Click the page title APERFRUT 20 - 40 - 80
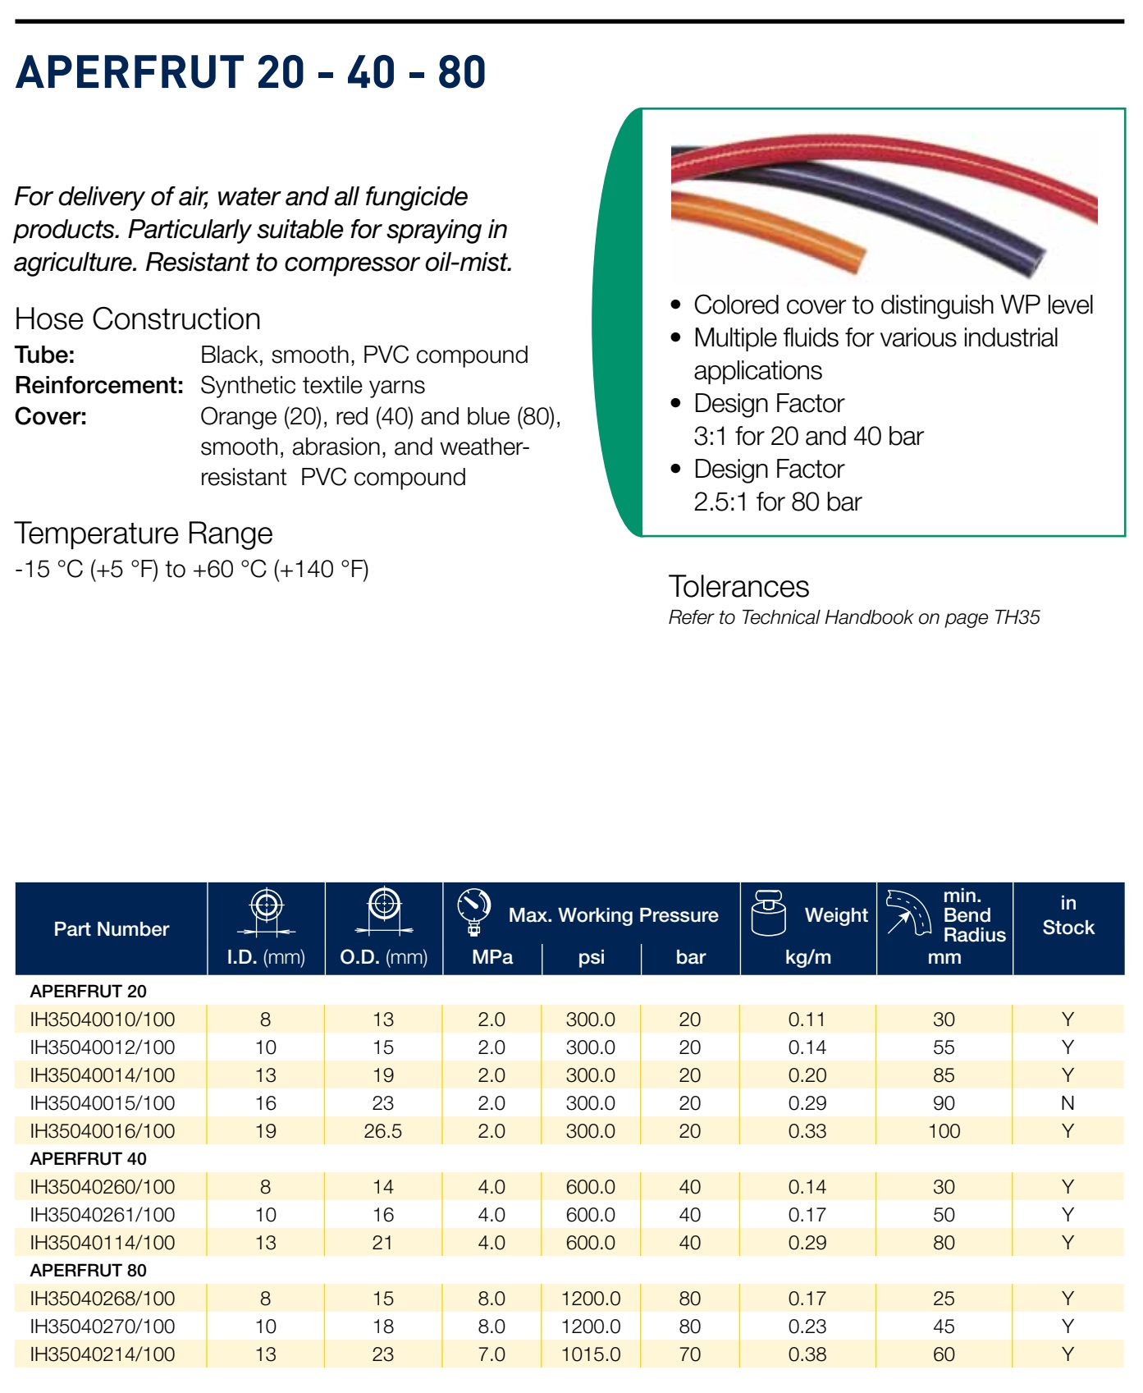pyautogui.click(x=250, y=71)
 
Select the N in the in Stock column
pyautogui.click(x=1068, y=1103)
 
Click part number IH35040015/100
pyautogui.click(x=103, y=1103)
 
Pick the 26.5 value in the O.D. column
pyautogui.click(x=383, y=1131)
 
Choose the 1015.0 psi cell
pyautogui.click(x=591, y=1354)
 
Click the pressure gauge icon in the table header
pyautogui.click(x=474, y=911)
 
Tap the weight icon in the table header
pyautogui.click(x=770, y=913)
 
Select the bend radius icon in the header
pyautogui.click(x=908, y=913)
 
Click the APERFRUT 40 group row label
pyautogui.click(x=89, y=1159)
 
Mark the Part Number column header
pyautogui.click(x=112, y=929)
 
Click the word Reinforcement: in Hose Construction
pyautogui.click(x=99, y=386)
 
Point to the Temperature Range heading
pyautogui.click(x=144, y=534)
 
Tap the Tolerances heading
pyautogui.click(x=738, y=587)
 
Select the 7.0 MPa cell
pyautogui.click(x=491, y=1354)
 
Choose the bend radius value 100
pyautogui.click(x=944, y=1131)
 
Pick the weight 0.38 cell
pyautogui.click(x=807, y=1354)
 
